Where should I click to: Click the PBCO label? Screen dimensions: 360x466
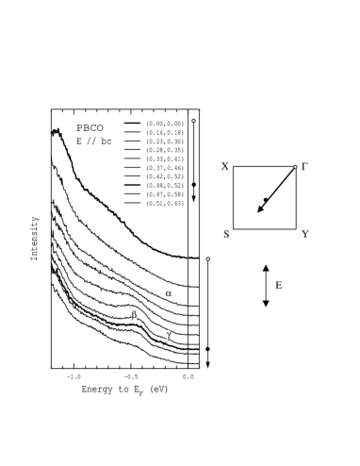point(90,127)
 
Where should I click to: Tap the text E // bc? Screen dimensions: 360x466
point(93,141)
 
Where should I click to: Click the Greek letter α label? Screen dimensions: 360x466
point(168,293)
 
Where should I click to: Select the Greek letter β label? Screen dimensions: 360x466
point(134,315)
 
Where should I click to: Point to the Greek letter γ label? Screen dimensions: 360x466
point(168,335)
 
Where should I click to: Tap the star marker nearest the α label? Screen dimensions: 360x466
point(207,258)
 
